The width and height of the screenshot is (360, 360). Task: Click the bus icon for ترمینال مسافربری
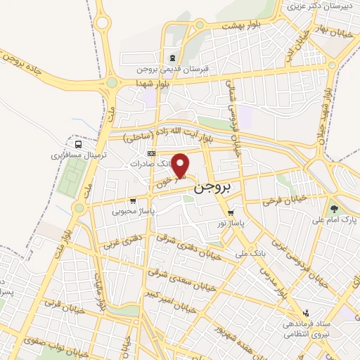(79, 144)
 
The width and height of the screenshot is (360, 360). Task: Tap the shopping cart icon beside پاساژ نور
(230, 213)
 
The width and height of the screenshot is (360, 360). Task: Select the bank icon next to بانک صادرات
(150, 153)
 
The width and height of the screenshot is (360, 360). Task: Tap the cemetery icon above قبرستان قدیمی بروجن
(173, 58)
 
